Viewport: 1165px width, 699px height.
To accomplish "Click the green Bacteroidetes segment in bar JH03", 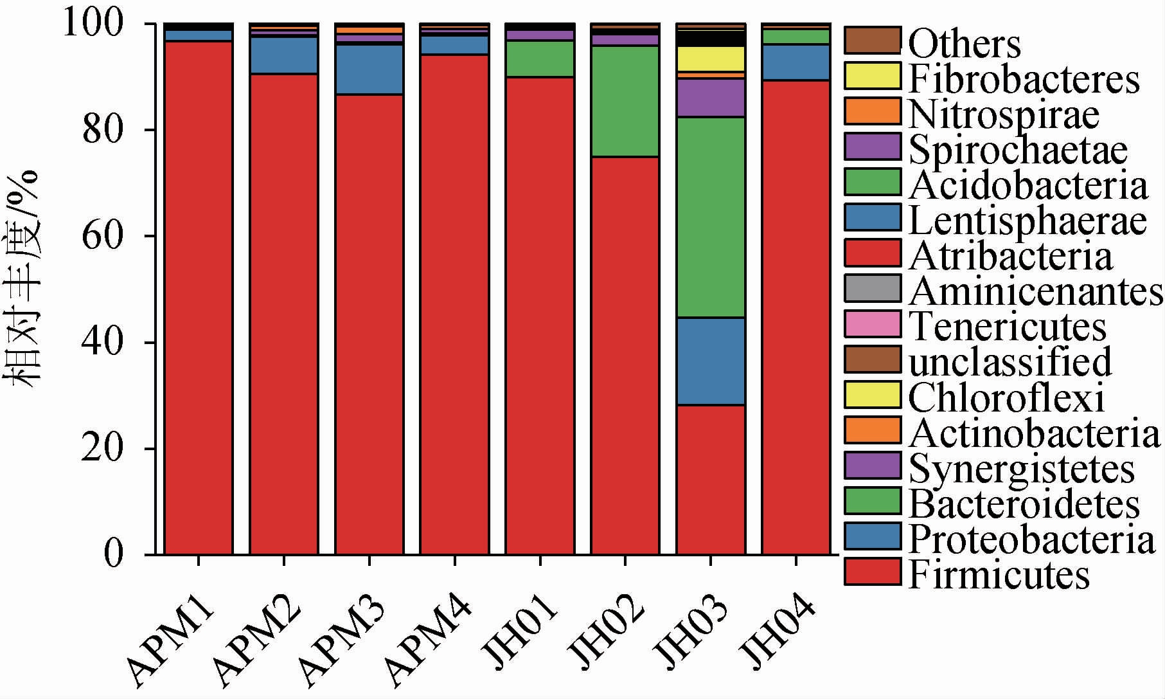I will [x=711, y=217].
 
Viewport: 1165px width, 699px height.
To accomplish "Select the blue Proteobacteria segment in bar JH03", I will [x=711, y=361].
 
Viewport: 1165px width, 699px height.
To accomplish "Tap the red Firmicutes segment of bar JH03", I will [x=711, y=479].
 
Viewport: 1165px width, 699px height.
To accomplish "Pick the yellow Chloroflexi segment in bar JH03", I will [x=711, y=59].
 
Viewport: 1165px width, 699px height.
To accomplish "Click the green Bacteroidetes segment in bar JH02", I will [x=625, y=101].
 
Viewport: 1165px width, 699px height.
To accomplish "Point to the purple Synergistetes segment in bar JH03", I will [x=711, y=98].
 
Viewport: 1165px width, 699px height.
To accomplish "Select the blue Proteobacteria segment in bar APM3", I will [x=369, y=69].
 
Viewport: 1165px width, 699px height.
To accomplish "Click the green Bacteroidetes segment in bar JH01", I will [x=540, y=59].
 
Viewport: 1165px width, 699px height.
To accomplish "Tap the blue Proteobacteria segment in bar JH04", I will [x=796, y=62].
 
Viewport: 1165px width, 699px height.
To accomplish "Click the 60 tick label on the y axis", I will [x=102, y=236].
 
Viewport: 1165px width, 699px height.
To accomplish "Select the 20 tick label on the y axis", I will [x=102, y=448].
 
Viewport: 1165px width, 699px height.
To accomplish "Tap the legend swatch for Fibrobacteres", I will [x=872, y=77].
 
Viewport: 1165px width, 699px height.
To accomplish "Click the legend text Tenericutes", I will [x=1008, y=326].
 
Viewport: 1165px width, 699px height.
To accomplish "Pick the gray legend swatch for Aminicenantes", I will [x=872, y=289].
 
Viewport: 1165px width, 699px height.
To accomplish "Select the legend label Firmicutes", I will [x=999, y=574].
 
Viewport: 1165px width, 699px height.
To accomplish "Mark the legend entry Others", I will [x=965, y=44].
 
